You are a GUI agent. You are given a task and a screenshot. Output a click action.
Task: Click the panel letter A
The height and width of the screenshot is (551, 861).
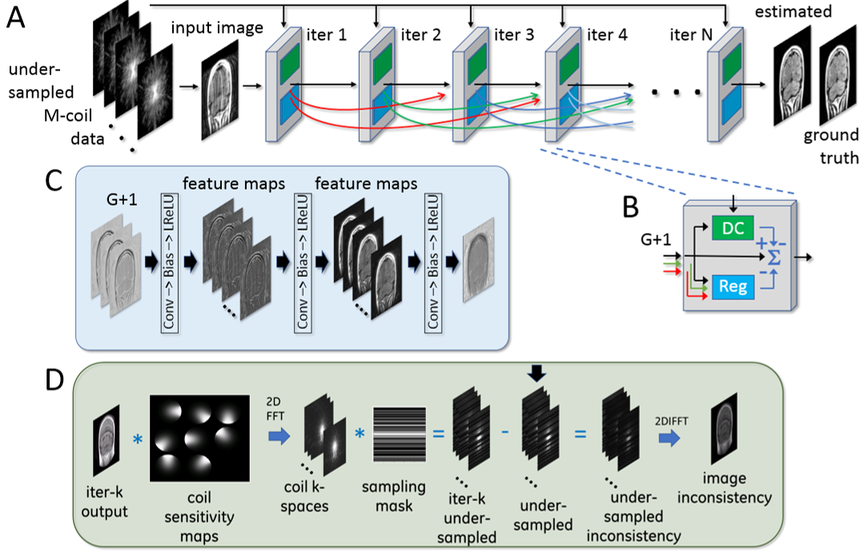point(22,18)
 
